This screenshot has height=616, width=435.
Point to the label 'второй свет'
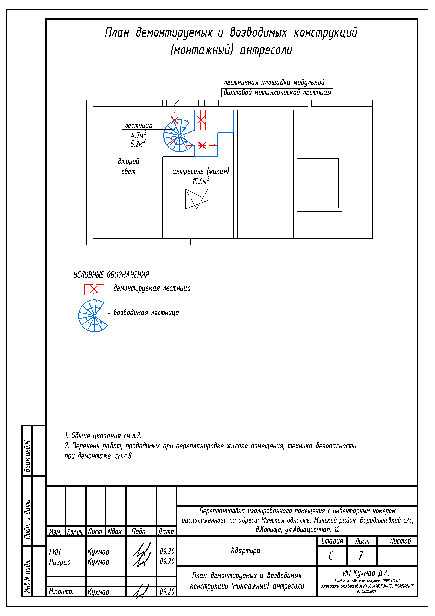pos(129,166)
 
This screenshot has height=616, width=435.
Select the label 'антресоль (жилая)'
pos(200,171)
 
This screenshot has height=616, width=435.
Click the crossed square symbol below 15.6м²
pos(196,199)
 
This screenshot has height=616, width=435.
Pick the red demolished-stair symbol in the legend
pos(94,290)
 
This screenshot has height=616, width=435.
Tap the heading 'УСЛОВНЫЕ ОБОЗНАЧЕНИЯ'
pos(111,275)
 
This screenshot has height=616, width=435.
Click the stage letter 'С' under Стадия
pos(331,555)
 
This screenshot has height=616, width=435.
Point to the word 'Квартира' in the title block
pos(246,551)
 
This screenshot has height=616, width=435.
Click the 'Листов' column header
pos(400,541)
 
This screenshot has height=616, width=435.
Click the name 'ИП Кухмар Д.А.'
pos(366,573)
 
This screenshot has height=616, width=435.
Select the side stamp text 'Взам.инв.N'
pos(27,456)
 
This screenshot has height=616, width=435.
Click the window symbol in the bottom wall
pos(206,242)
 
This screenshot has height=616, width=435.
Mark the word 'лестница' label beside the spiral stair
pos(139,126)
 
